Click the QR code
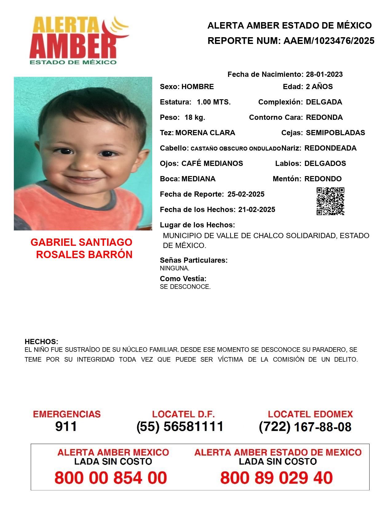tap(330, 201)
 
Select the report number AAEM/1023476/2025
tap(329, 41)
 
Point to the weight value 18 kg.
tap(195, 117)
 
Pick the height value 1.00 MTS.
tap(213, 102)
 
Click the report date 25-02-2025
tap(246, 194)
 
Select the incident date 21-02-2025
tap(256, 210)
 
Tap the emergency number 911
tap(66, 426)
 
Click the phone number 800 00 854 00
tap(111, 478)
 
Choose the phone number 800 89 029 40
tap(276, 478)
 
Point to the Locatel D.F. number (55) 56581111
tap(180, 426)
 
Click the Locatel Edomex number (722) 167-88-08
tap(305, 427)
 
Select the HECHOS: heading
tap(41, 342)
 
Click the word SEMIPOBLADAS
tap(335, 133)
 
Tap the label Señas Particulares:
tap(193, 260)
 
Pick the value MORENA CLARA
tap(205, 133)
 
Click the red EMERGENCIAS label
tap(67, 414)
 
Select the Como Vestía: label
tap(183, 279)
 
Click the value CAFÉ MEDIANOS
tap(212, 163)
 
